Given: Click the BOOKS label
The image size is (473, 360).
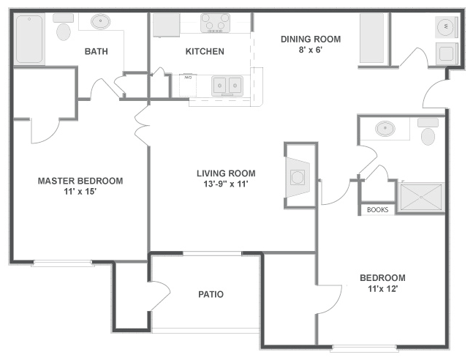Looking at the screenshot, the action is tap(377, 209).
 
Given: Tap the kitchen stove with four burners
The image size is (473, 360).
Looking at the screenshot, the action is tap(215, 23).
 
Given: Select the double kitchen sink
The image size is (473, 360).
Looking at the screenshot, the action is tap(227, 86).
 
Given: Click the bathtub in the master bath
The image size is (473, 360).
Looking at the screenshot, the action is tap(29, 39).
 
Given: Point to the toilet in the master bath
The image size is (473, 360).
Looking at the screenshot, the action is tap(64, 27).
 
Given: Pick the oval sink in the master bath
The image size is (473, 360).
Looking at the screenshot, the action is tap(101, 22).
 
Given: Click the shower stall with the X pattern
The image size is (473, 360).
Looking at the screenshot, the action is tap(421, 198).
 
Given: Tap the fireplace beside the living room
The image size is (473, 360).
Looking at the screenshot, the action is tap(298, 177).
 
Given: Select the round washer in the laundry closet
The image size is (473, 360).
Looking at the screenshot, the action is tap(446, 27).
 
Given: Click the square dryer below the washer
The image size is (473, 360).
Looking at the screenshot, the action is tap(447, 53).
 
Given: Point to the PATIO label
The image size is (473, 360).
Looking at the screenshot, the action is tap(211, 294).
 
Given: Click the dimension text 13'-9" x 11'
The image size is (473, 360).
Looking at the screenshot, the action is tap(226, 184).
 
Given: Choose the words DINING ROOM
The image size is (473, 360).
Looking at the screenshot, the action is tap(311, 40).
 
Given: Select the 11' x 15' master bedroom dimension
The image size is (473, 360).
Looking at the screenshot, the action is tap(80, 192).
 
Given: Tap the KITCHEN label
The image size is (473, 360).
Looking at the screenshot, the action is tap(205, 51).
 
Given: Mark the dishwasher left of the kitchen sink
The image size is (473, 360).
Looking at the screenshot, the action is tap(188, 86).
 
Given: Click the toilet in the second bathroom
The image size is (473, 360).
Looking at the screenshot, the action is tap(428, 132).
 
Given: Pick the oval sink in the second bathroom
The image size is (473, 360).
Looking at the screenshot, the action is tap(385, 128).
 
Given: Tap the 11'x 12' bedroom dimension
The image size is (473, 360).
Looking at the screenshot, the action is tap(382, 289).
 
